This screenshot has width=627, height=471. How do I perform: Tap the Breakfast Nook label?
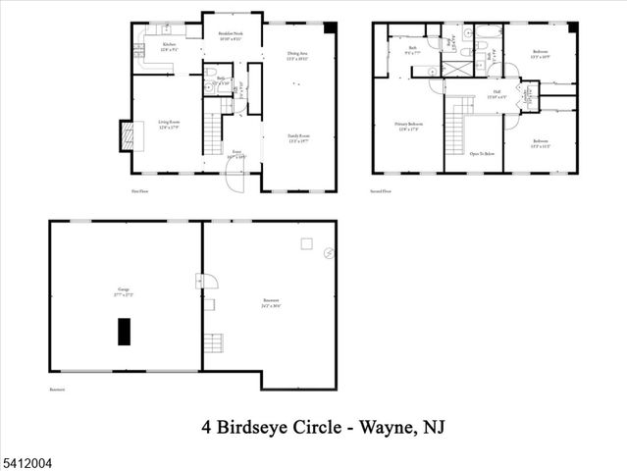(232, 37)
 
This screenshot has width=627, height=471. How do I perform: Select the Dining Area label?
(297, 56)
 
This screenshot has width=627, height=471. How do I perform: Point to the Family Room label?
(298, 137)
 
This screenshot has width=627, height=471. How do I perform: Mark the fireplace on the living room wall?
(126, 135)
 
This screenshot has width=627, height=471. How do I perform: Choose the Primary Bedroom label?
(409, 127)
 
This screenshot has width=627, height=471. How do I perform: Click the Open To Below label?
(481, 155)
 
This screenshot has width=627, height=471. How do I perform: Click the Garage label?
(124, 290)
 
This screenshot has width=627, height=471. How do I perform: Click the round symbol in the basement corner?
(328, 252)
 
